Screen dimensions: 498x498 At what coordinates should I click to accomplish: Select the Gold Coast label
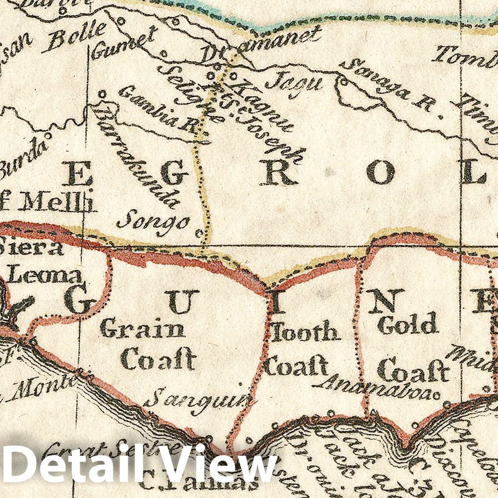point(411,347)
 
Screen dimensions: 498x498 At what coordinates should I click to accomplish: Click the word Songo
point(153,220)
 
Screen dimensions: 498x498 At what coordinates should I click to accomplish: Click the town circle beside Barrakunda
point(102,94)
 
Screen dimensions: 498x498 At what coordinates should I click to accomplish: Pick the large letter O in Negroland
point(381,173)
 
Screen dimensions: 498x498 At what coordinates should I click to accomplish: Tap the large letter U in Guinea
point(178,303)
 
